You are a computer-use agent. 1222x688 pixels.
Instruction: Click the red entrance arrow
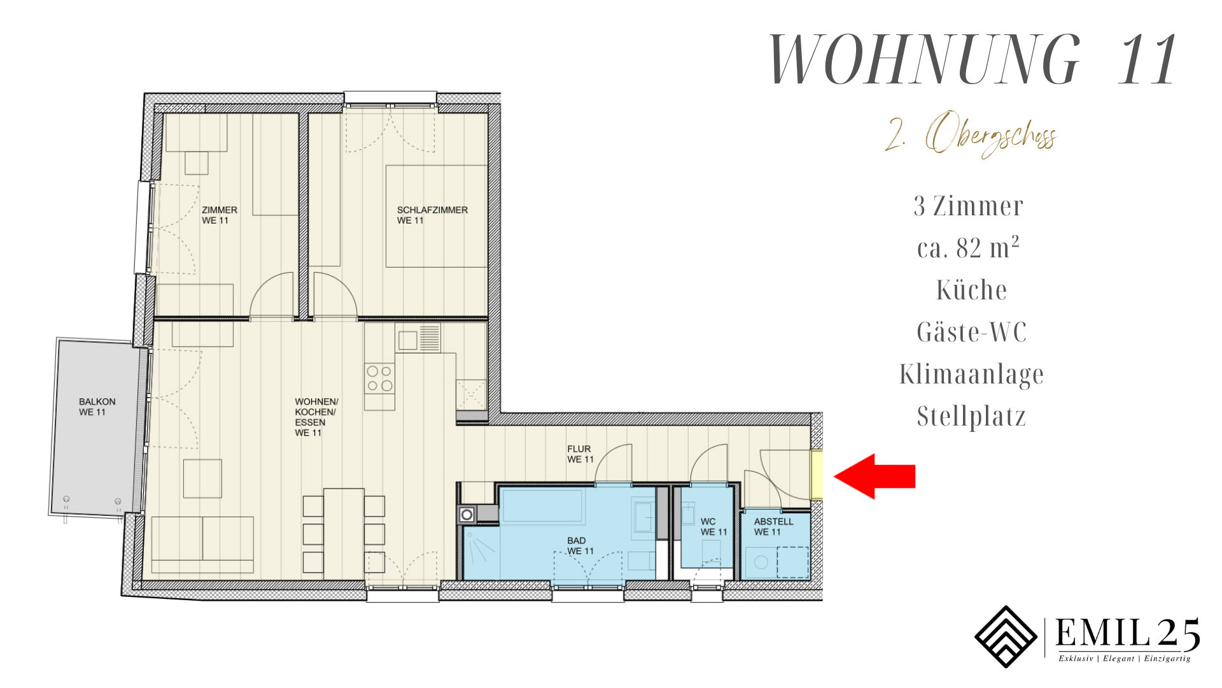click(x=874, y=476)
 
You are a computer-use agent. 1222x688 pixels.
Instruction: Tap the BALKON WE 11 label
click(x=97, y=406)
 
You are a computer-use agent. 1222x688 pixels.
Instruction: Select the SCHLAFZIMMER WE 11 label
click(x=432, y=215)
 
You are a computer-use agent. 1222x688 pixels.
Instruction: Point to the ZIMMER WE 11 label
click(x=219, y=215)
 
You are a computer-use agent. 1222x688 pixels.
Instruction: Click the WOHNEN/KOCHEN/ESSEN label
click(x=316, y=417)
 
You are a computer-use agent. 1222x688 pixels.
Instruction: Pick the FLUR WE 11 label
click(x=580, y=454)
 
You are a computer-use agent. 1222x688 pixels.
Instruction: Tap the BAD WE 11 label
click(x=580, y=545)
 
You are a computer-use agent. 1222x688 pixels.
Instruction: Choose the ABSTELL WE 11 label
click(x=773, y=526)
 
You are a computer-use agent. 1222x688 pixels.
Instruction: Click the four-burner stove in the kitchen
click(x=379, y=378)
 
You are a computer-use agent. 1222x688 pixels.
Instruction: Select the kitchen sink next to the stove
click(x=418, y=338)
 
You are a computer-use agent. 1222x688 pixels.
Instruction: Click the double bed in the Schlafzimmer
click(x=437, y=216)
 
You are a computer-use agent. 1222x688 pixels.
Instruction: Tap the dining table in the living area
click(x=344, y=533)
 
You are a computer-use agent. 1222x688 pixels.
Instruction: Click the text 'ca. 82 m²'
click(x=969, y=247)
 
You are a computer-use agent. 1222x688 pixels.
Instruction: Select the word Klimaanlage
click(x=972, y=374)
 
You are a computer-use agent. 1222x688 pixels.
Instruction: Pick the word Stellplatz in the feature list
click(x=971, y=416)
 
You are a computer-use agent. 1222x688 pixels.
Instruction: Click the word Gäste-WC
click(x=972, y=331)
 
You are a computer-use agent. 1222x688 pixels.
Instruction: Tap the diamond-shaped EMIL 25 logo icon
click(x=1006, y=636)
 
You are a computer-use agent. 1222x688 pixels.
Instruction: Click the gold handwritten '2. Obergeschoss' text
click(x=971, y=135)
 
